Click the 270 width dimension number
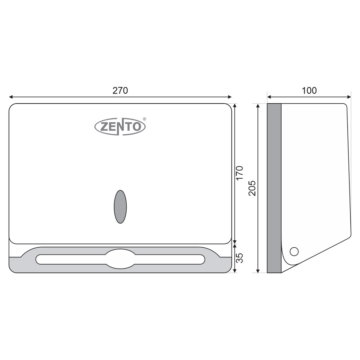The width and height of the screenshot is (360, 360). (x=120, y=91)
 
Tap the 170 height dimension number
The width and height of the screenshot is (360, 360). (x=239, y=173)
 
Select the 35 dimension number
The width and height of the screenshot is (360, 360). (x=239, y=258)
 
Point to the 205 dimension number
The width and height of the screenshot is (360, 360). (x=252, y=188)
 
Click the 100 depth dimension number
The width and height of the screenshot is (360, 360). (x=309, y=91)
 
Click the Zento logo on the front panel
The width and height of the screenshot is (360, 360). (x=120, y=126)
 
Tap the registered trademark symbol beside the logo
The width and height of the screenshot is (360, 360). (x=144, y=119)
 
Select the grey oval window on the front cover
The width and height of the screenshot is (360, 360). (x=120, y=207)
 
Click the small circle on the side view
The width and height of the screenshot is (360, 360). (x=294, y=251)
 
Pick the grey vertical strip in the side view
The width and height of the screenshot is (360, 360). (x=274, y=188)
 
